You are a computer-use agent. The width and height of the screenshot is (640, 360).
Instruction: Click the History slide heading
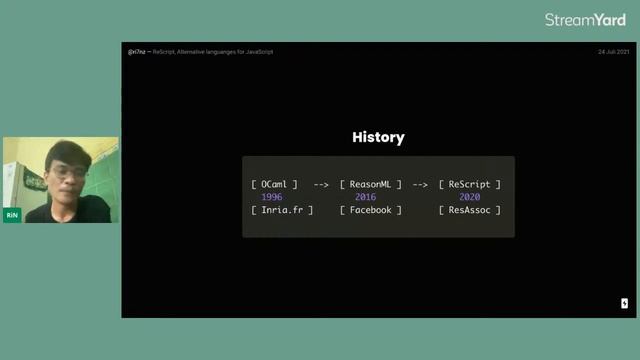coord(378,138)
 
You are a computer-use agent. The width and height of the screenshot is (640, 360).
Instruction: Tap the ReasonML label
coord(370,184)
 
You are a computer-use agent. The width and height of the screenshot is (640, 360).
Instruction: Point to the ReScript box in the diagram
coord(469,184)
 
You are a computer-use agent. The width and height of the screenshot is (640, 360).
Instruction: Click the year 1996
coord(271,197)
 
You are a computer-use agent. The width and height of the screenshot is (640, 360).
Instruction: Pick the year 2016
coord(365,197)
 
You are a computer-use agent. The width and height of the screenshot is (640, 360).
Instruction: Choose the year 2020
coord(469,197)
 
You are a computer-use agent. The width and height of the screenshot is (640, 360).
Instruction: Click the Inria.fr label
coord(283,210)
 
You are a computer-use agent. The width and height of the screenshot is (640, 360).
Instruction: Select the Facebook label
coord(370,210)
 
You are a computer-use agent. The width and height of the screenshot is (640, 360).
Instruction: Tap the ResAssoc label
coord(469,210)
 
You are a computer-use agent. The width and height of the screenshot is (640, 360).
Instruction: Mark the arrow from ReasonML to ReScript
coord(420,184)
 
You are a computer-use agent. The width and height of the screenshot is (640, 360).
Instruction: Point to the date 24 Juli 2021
coord(613,51)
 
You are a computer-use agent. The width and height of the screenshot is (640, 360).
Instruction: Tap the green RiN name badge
coord(12,215)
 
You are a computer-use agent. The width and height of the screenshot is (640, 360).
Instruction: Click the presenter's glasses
coord(66,173)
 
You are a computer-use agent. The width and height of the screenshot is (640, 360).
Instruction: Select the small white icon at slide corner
coord(624,303)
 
